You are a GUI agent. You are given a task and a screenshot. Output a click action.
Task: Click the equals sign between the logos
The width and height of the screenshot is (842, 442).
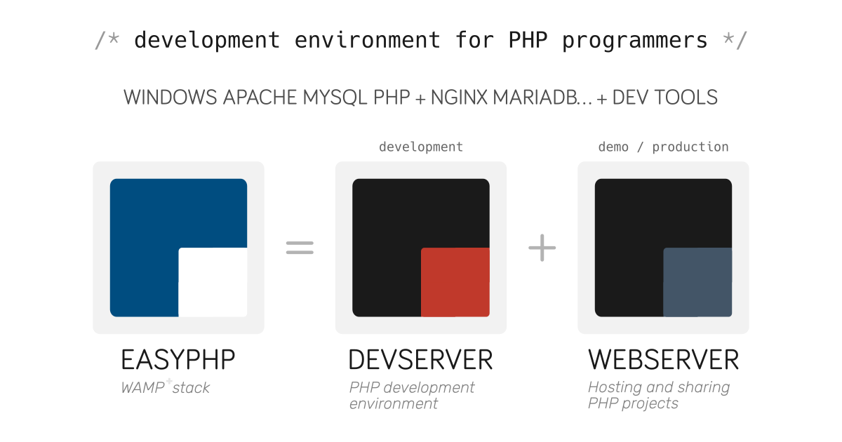pyautogui.click(x=300, y=248)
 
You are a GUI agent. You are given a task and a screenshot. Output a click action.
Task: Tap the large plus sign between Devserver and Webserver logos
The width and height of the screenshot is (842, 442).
pyautogui.click(x=542, y=248)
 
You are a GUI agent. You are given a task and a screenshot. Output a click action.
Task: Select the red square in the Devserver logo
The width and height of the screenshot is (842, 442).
pyautogui.click(x=455, y=282)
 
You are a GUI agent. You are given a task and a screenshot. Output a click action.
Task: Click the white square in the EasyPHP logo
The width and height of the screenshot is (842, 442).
pyautogui.click(x=213, y=282)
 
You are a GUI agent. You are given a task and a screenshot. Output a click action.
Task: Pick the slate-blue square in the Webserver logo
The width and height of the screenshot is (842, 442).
pyautogui.click(x=697, y=282)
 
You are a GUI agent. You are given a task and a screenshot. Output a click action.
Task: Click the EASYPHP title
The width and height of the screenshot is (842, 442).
pyautogui.click(x=178, y=360)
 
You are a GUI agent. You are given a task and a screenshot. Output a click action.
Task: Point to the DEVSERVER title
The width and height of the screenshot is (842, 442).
pyautogui.click(x=420, y=360)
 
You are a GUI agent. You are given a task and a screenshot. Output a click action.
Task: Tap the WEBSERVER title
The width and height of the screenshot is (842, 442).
pyautogui.click(x=664, y=360)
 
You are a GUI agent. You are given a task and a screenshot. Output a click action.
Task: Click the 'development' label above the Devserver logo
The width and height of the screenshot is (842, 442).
pyautogui.click(x=421, y=147)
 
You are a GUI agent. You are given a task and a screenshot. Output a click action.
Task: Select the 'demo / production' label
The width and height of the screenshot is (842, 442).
pyautogui.click(x=664, y=147)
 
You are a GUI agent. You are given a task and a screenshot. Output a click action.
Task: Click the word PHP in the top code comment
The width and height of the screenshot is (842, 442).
pyautogui.click(x=528, y=40)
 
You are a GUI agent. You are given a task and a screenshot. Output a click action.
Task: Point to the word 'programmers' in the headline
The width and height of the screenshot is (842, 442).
pyautogui.click(x=635, y=41)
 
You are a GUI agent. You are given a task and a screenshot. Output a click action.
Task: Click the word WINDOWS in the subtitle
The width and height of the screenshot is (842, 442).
pyautogui.click(x=171, y=98)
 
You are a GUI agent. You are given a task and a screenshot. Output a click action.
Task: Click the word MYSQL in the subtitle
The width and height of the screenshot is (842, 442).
pyautogui.click(x=335, y=98)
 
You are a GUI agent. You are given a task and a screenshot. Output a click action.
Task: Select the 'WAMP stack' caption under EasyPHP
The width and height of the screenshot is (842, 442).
pyautogui.click(x=166, y=387)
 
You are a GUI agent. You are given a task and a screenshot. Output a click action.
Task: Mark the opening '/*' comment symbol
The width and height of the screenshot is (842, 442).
pyautogui.click(x=107, y=41)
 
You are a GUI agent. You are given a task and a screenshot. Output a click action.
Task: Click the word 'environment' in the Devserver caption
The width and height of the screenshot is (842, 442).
pyautogui.click(x=394, y=403)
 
